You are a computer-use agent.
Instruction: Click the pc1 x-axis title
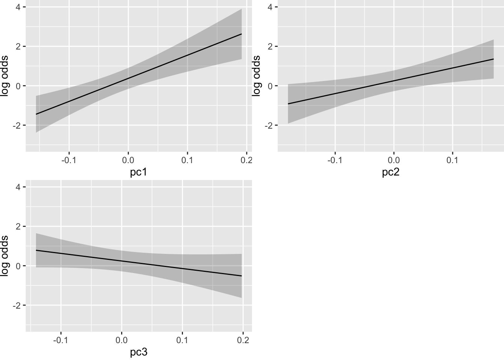click(139, 172)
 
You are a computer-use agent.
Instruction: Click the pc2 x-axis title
click(391, 172)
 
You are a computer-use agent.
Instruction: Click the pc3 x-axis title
click(139, 352)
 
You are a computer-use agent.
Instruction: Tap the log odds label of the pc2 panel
click(257, 76)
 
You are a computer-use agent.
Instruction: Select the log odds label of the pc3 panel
click(5, 256)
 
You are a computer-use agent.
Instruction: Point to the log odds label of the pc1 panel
click(5, 76)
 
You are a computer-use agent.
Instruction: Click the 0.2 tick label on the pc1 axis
click(246, 160)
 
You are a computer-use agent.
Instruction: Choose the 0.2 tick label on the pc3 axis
click(243, 340)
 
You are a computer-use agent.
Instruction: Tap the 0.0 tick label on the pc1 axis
click(128, 160)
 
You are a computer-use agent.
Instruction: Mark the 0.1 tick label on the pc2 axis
click(453, 160)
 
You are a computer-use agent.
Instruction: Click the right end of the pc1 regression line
click(241, 34)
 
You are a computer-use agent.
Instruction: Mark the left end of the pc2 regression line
click(288, 104)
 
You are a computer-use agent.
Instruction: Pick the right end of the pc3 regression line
click(241, 276)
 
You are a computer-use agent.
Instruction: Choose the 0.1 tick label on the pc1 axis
click(187, 160)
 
